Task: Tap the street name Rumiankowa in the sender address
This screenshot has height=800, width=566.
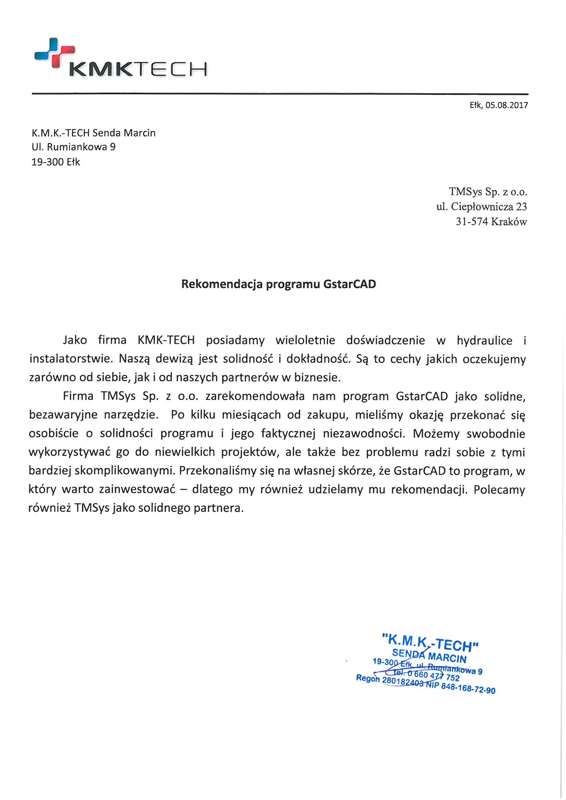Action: coord(77,147)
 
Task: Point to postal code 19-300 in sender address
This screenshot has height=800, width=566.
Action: coord(46,162)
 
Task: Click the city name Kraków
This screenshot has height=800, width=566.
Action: coord(509,222)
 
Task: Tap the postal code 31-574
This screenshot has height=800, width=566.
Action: coord(471,222)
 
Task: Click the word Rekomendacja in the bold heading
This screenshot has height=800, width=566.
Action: coord(222,284)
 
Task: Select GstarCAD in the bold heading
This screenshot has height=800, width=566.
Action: coord(350,284)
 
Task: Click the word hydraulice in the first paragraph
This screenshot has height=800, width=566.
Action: coord(485,340)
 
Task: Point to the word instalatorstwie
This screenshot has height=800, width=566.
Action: coord(71,359)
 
